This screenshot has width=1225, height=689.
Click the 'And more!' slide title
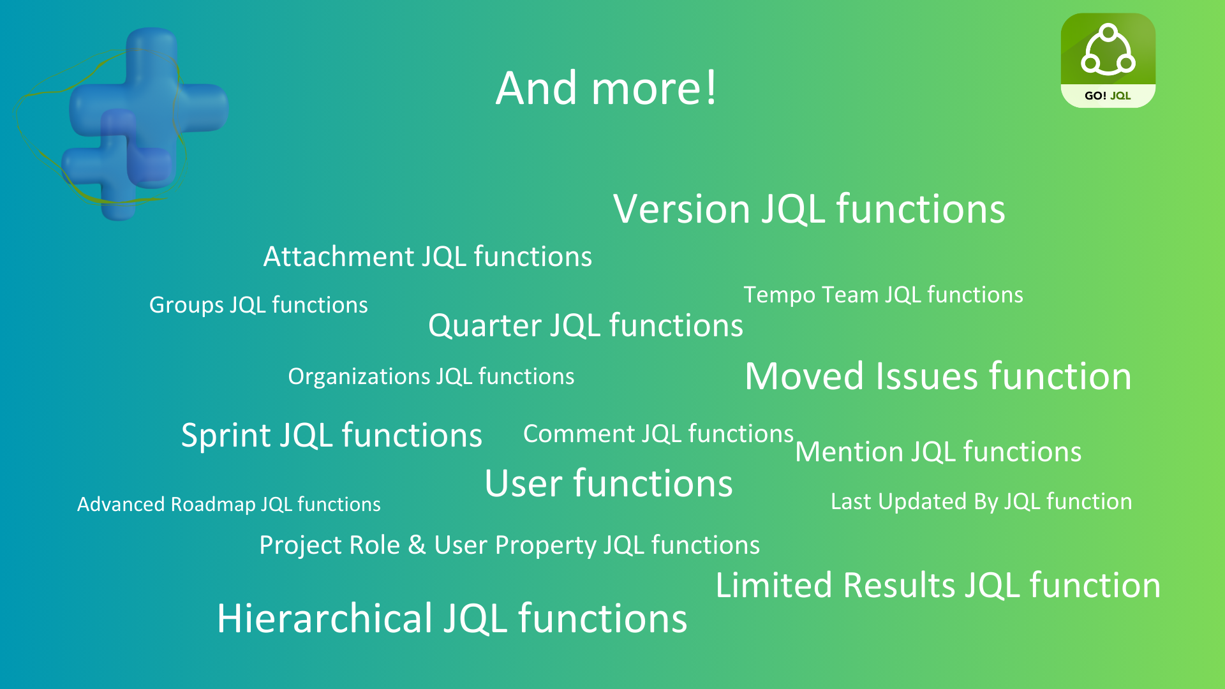[606, 88]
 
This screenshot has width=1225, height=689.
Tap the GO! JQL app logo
[1108, 51]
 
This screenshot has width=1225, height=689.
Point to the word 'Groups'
[186, 305]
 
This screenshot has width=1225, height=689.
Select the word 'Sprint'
[226, 436]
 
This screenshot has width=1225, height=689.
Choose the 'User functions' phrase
[608, 483]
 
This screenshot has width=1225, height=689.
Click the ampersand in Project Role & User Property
[417, 545]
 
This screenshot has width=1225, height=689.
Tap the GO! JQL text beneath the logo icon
[1108, 96]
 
